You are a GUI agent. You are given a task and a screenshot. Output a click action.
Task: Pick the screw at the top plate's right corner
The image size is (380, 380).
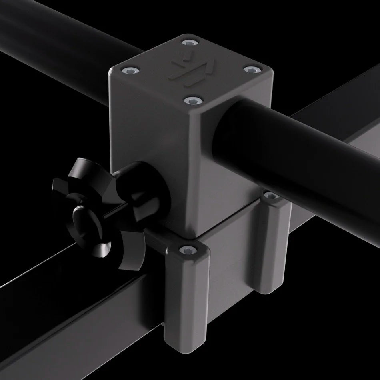(x=251, y=70)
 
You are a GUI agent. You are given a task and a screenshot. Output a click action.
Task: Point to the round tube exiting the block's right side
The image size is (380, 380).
(x=280, y=148)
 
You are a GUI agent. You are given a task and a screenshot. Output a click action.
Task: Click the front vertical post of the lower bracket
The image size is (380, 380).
(x=186, y=304)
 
